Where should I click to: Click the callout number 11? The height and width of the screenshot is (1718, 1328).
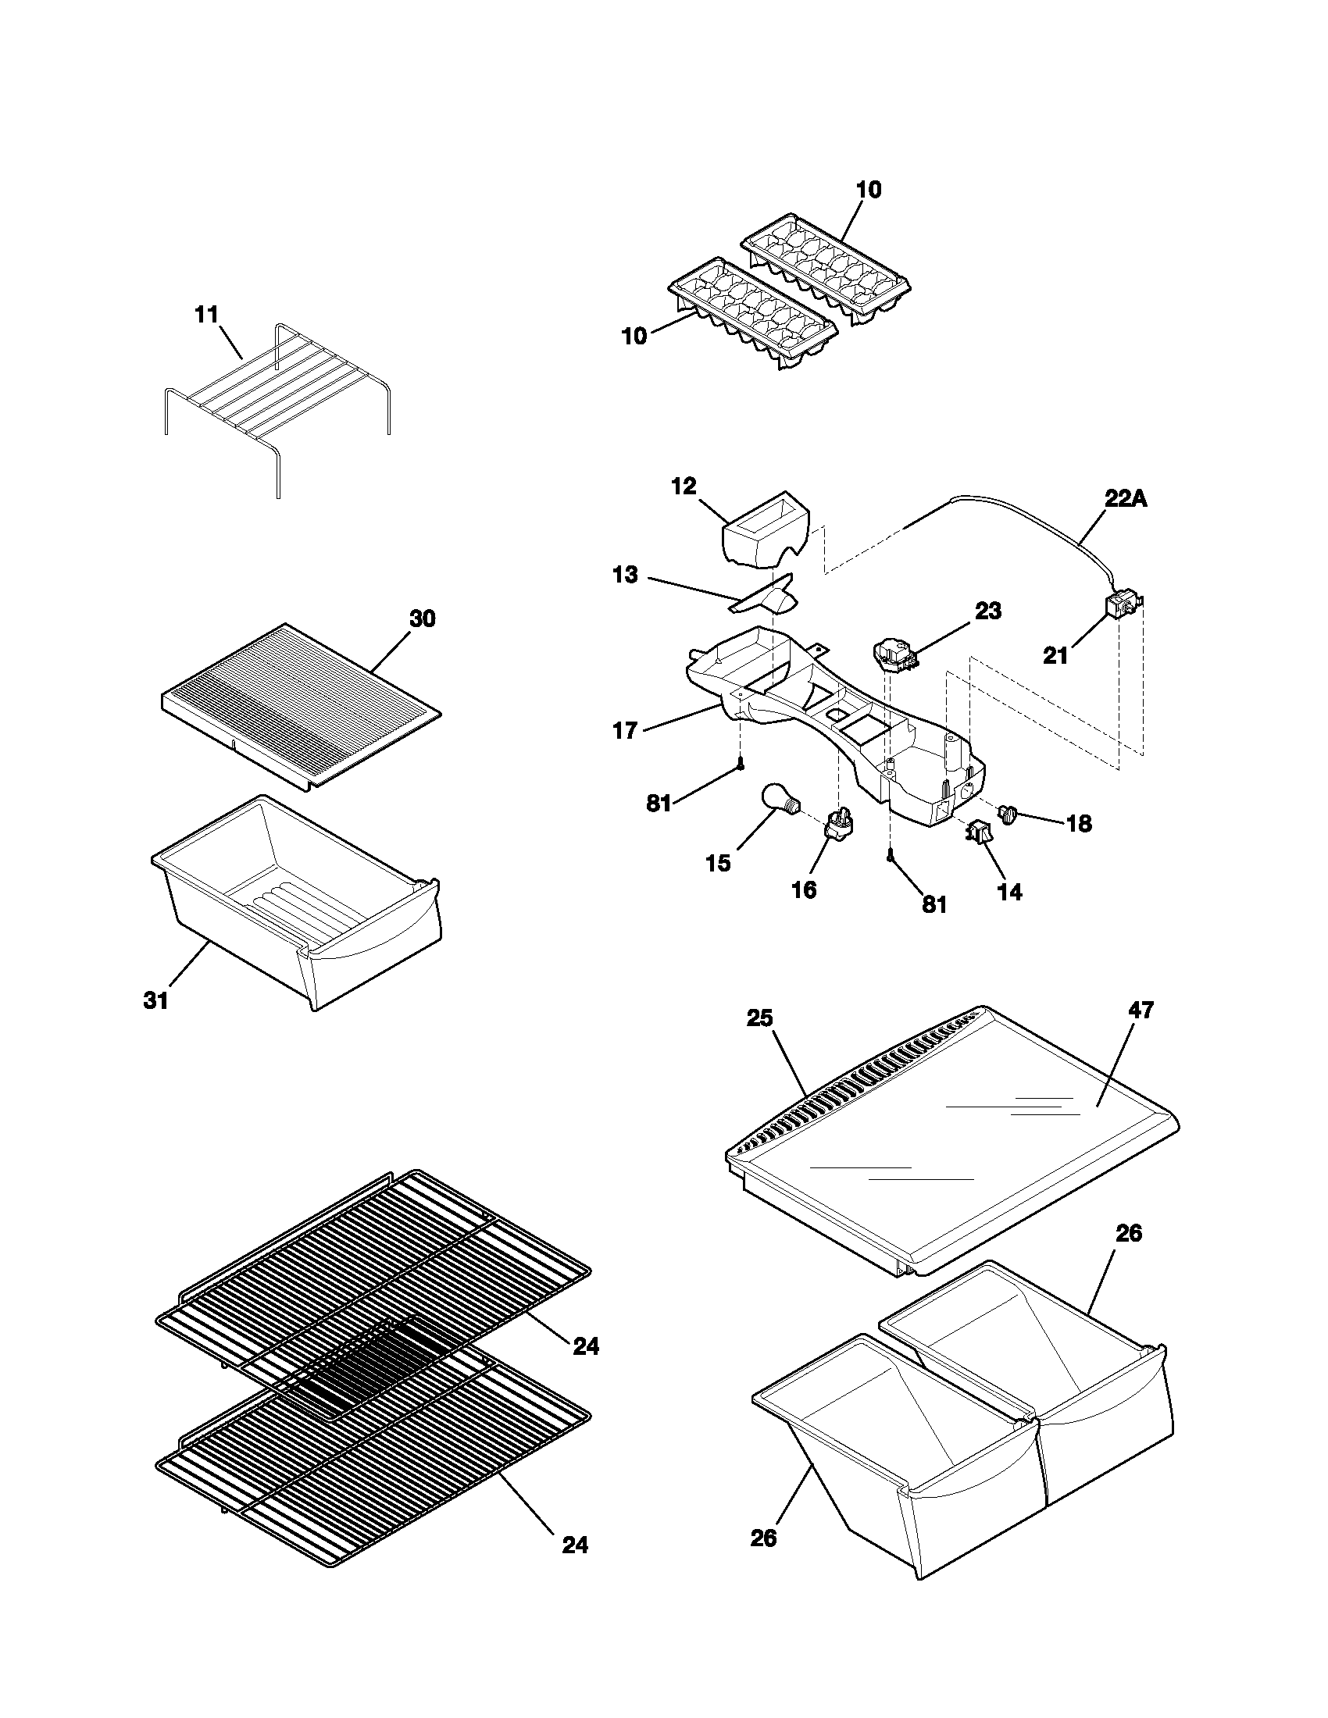pos(206,315)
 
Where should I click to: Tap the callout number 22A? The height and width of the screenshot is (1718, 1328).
pos(1126,498)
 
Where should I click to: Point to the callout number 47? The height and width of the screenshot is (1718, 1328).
pos(1141,1010)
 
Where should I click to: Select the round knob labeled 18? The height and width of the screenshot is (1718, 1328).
pos(1008,813)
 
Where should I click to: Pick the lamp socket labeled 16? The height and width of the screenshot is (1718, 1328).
pos(839,824)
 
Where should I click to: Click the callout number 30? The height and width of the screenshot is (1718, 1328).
pos(423,619)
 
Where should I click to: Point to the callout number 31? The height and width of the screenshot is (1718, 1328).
pos(155,1000)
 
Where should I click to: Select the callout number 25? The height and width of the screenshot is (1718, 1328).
pos(760,1018)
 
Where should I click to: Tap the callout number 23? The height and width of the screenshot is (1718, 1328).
pos(988,611)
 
